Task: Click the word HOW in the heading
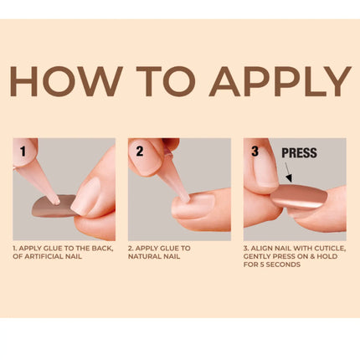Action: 63,82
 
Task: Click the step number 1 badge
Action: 24,153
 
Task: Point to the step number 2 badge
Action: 140,153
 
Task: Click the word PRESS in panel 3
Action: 299,154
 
